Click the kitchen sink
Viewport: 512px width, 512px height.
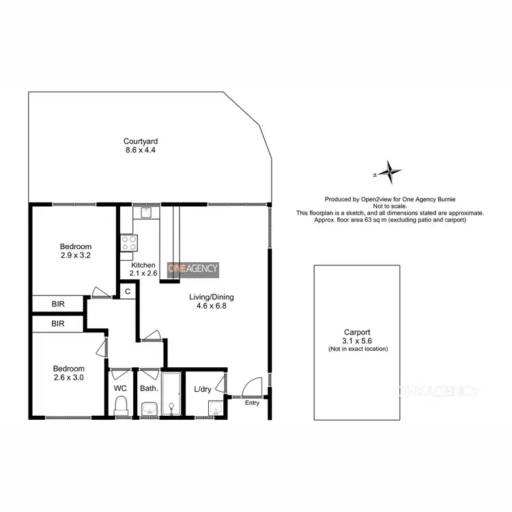click(145, 212)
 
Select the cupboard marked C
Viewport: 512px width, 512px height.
click(127, 291)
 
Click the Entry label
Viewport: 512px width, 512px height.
click(253, 403)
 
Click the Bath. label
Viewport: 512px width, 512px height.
click(148, 388)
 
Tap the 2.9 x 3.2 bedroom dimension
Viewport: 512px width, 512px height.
click(75, 255)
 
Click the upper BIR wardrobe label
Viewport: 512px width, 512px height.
click(58, 304)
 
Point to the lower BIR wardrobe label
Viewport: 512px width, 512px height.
click(58, 324)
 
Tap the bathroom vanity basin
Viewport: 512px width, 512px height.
click(149, 409)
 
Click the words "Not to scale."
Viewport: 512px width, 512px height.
click(390, 206)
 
